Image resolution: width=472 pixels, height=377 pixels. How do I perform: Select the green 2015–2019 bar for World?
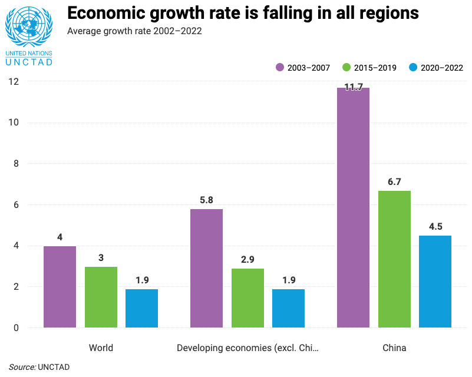(101, 297)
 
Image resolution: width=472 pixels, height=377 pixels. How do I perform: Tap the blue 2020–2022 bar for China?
(435, 282)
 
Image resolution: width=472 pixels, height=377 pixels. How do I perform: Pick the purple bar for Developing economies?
(206, 268)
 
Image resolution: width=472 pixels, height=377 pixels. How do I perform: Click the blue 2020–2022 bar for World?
(141, 308)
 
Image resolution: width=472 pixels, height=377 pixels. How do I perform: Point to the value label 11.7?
(353, 87)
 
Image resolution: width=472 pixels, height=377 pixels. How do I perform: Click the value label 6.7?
(394, 182)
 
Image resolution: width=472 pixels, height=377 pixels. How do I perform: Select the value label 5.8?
(206, 200)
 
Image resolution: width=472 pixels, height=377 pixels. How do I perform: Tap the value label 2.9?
(247, 260)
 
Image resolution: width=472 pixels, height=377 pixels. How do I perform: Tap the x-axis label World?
(101, 348)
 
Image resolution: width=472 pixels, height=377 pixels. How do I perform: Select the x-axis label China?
(394, 348)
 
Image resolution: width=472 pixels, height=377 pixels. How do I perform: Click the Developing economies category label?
(247, 348)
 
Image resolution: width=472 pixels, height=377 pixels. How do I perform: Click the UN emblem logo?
(28, 27)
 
